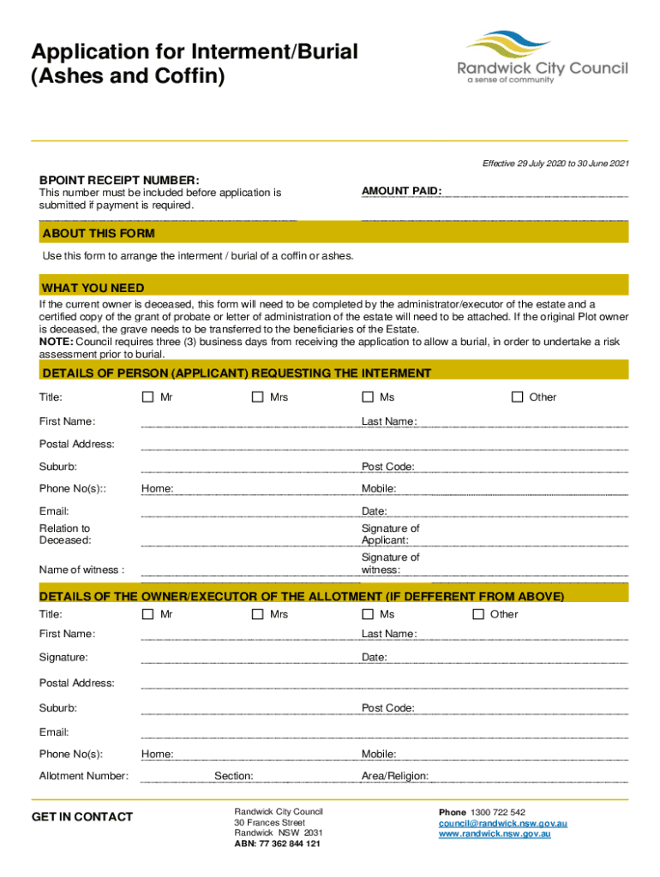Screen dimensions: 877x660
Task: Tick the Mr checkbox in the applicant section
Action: (x=147, y=397)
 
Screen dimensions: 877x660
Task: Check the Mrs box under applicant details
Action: (x=257, y=397)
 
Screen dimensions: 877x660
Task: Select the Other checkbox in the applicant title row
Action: (x=517, y=397)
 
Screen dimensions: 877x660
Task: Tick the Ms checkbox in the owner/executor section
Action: (x=368, y=614)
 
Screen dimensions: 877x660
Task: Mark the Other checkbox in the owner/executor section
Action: (x=478, y=614)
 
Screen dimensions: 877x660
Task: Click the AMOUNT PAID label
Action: (x=401, y=192)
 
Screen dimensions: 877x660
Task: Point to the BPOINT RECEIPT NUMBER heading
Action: (x=119, y=180)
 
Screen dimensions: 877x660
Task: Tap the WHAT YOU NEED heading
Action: (x=93, y=288)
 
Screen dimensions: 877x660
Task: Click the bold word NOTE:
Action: (x=56, y=341)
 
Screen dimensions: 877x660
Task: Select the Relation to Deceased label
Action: (x=65, y=534)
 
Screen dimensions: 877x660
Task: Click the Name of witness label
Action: (x=81, y=570)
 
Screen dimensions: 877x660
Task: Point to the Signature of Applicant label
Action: (x=390, y=534)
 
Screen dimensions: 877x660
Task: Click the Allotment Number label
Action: (x=84, y=776)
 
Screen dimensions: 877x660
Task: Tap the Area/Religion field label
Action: (x=395, y=776)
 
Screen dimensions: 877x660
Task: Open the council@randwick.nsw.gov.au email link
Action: (x=502, y=823)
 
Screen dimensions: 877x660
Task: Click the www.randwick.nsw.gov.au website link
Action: (x=495, y=833)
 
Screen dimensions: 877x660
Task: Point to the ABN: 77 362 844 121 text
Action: (x=277, y=844)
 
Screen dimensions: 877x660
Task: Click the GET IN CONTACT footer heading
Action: (x=82, y=817)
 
